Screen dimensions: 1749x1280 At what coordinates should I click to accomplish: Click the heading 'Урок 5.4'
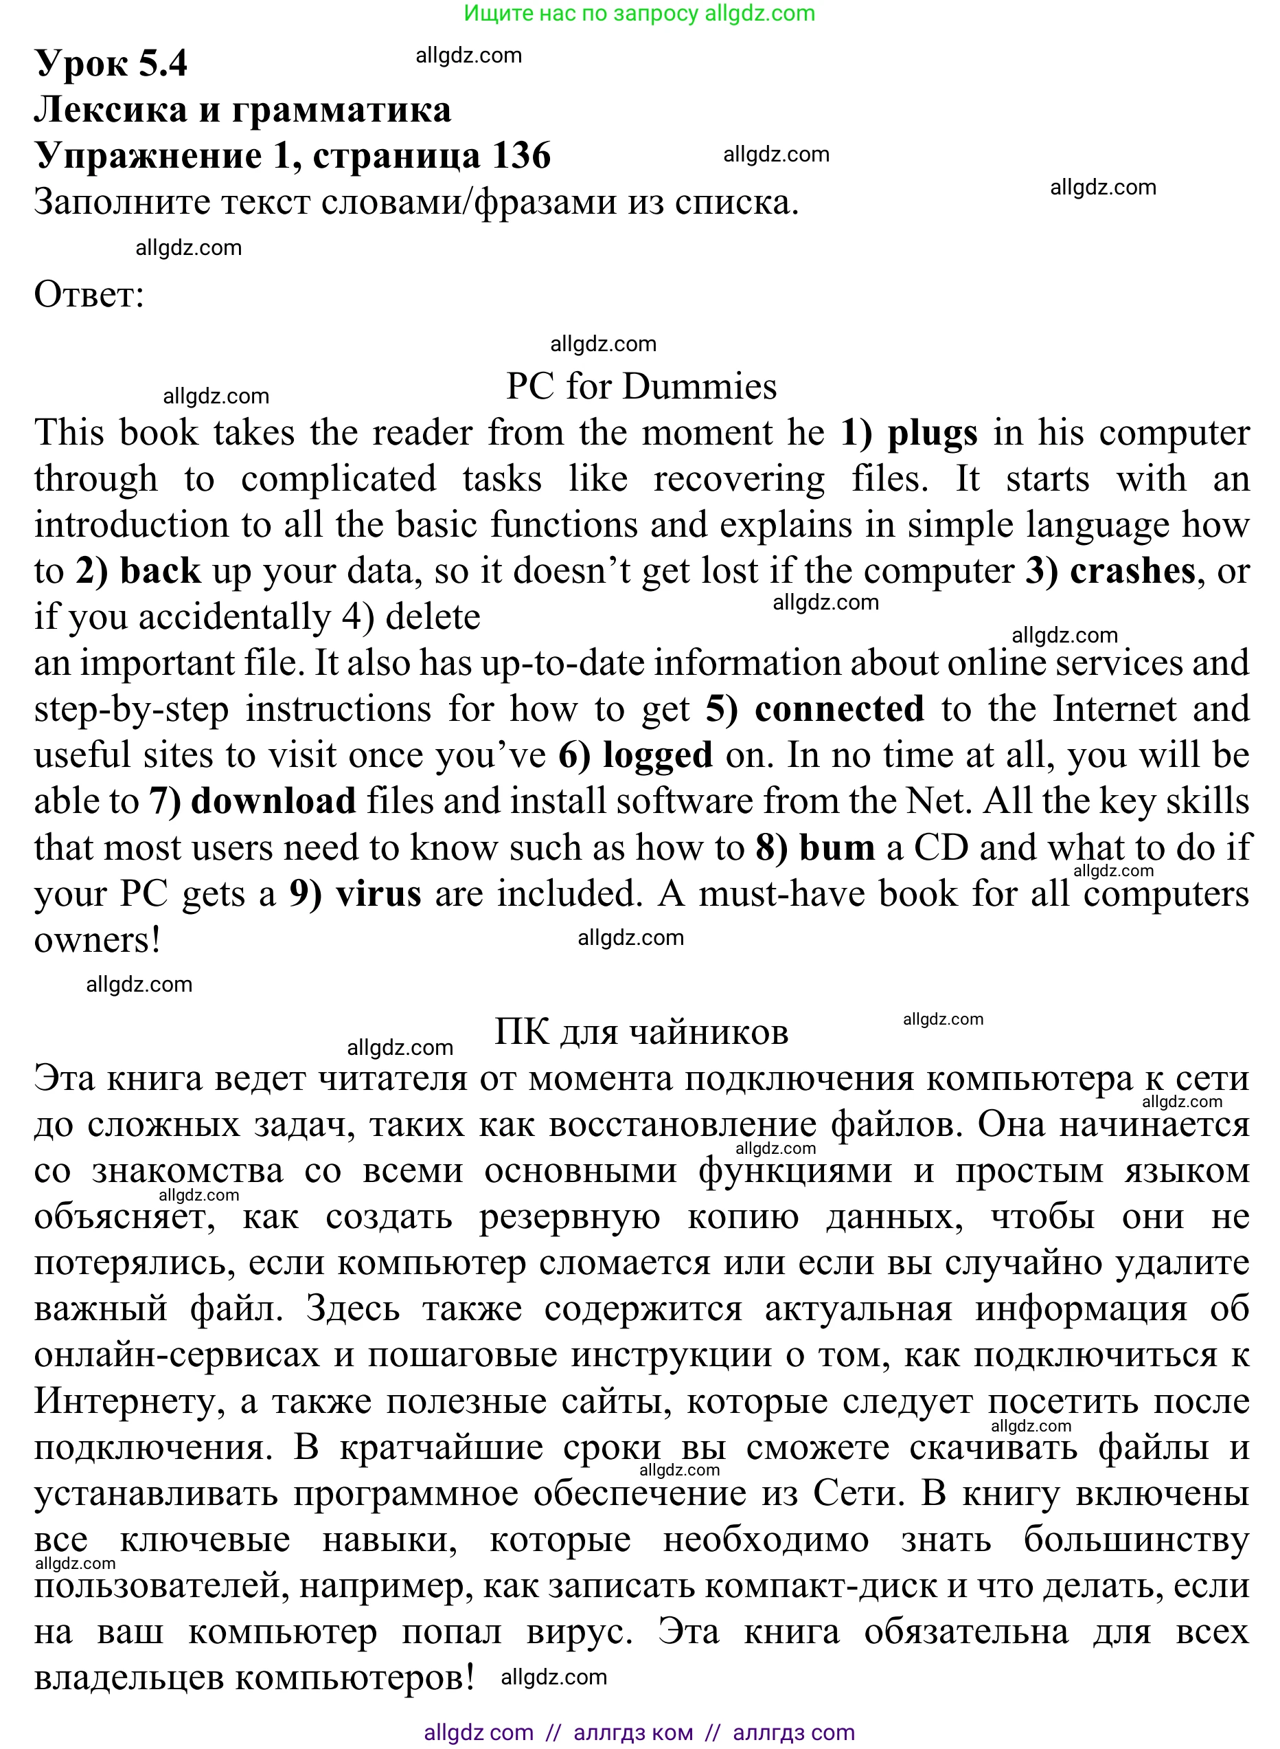coord(111,63)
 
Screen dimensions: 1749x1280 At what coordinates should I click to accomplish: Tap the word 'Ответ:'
coord(89,295)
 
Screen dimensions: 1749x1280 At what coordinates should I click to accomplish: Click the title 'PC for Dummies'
coord(641,386)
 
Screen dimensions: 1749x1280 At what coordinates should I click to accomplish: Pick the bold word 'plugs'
coord(932,432)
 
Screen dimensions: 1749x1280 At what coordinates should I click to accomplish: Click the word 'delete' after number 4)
coord(433,617)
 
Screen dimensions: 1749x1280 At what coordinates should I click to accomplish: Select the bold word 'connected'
coord(839,709)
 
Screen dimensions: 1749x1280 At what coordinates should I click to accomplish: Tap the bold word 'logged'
coord(658,755)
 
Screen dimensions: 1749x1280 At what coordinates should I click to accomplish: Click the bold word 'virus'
coord(379,894)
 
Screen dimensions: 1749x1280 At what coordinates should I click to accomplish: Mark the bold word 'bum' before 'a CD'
coord(837,847)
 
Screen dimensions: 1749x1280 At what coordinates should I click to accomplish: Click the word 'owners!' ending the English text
coord(98,940)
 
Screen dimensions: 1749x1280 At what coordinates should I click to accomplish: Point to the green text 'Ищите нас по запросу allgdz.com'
coord(639,13)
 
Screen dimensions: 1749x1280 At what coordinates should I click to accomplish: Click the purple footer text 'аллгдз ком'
coord(633,1732)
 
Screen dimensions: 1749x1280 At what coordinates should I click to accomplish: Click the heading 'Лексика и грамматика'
coord(242,109)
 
